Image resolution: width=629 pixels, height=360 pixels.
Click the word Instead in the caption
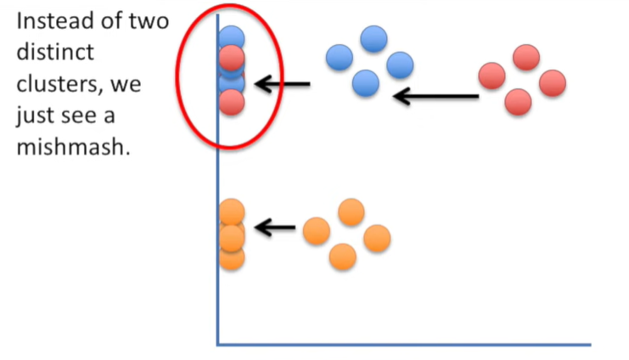pos(53,20)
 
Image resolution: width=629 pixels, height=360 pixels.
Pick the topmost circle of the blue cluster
pos(373,38)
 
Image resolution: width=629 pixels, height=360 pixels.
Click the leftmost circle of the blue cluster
pos(339,57)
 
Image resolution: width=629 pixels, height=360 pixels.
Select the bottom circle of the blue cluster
pos(365,83)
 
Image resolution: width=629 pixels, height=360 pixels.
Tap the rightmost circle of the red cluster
pos(552,83)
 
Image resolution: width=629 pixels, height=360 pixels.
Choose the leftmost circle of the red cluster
pos(492,76)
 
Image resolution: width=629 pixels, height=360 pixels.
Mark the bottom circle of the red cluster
pos(518,103)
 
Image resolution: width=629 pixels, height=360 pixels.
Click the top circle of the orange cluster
pos(351,211)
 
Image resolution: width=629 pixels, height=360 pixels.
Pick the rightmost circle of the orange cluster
pos(377,239)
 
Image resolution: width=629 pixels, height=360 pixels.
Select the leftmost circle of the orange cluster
pos(316,230)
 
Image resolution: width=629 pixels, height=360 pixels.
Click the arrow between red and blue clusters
pos(436,95)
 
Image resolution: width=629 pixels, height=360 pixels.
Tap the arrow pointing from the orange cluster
pos(275,228)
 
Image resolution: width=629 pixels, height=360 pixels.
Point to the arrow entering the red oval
pos(283,83)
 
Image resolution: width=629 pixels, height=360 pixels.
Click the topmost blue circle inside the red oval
pos(231,37)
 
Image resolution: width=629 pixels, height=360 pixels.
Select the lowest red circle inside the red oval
pos(231,103)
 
